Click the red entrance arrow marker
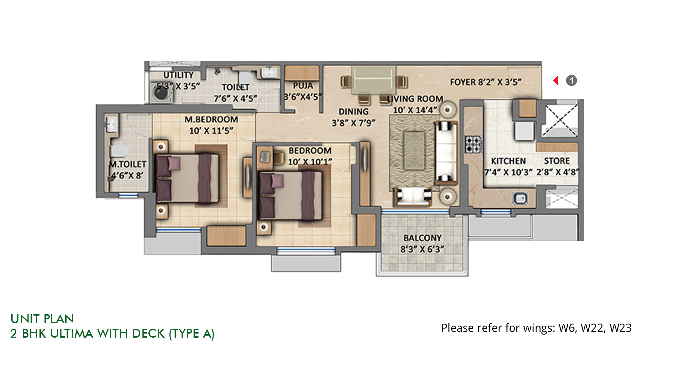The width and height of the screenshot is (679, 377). pyautogui.click(x=556, y=80)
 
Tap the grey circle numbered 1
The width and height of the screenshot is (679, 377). pyautogui.click(x=571, y=80)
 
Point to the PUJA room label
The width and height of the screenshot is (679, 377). pyautogui.click(x=303, y=86)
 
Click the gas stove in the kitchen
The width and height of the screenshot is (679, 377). pyautogui.click(x=474, y=144)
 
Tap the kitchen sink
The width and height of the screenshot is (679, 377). pyautogui.click(x=520, y=198)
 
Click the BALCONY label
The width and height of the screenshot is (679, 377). pyautogui.click(x=422, y=238)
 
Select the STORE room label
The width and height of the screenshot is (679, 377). pyautogui.click(x=557, y=161)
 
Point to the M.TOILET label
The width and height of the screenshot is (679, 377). pyautogui.click(x=128, y=164)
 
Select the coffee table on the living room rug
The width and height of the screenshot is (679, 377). pyautogui.click(x=414, y=151)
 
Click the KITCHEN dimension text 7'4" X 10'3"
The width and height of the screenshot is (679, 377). pyautogui.click(x=509, y=172)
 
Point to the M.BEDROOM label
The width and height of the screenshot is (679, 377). pyautogui.click(x=211, y=119)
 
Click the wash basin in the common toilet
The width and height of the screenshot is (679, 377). pyautogui.click(x=269, y=72)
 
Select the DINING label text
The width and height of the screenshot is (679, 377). pyautogui.click(x=353, y=112)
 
